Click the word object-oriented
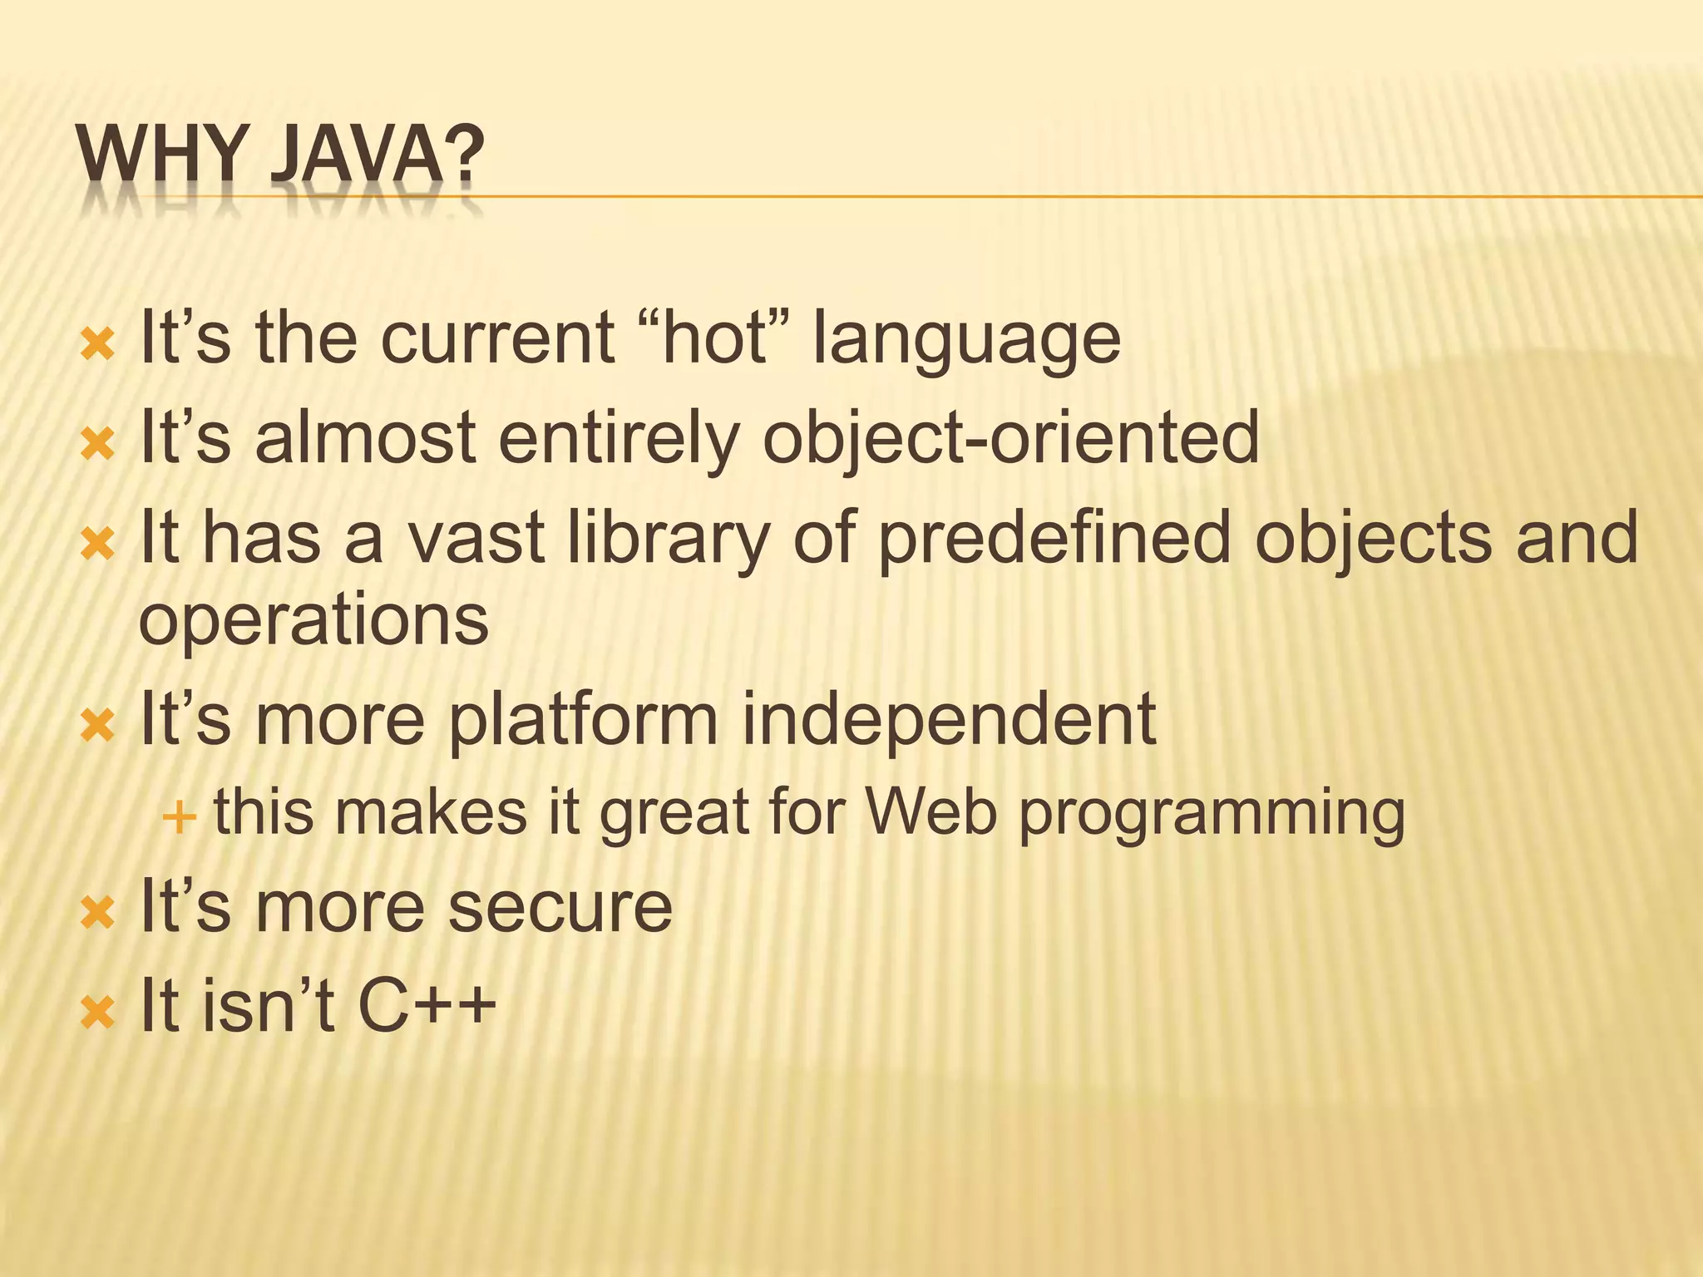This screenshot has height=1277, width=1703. tap(1010, 439)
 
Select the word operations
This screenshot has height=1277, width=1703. tap(313, 621)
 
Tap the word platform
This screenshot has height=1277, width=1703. tap(583, 720)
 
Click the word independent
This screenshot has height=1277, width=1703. tap(948, 720)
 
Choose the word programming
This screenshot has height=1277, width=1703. tap(1212, 815)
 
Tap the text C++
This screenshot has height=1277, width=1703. tap(427, 1005)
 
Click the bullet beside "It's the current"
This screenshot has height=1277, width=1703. tap(97, 343)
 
